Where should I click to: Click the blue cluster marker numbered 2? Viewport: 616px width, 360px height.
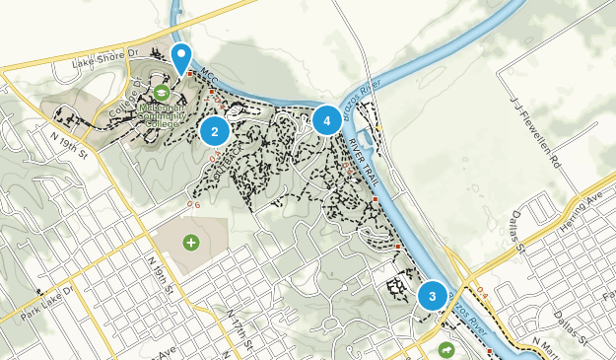click(x=215, y=130)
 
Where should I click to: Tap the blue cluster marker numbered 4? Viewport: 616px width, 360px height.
click(x=327, y=120)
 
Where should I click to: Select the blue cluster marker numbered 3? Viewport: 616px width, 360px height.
click(x=432, y=296)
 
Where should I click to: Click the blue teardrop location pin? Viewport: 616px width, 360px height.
click(x=181, y=57)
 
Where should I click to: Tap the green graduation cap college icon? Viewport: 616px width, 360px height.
click(x=159, y=93)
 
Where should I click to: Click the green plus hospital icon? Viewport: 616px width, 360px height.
click(x=190, y=242)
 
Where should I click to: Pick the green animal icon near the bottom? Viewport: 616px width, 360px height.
click(x=446, y=350)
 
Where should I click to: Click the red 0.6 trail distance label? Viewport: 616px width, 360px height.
click(x=193, y=205)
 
